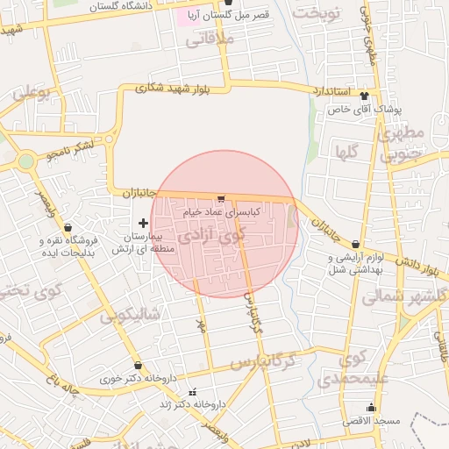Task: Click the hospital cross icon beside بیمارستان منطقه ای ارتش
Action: (x=144, y=224)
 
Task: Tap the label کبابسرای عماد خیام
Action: (x=221, y=212)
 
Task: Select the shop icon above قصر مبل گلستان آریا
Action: (x=229, y=3)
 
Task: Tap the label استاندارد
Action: (x=331, y=91)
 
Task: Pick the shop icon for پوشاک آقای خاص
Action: (x=365, y=97)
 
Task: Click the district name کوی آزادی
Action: (x=215, y=236)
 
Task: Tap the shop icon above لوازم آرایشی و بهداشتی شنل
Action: (x=355, y=245)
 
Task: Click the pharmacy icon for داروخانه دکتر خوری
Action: (x=138, y=366)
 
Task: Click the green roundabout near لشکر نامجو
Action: (x=26, y=161)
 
